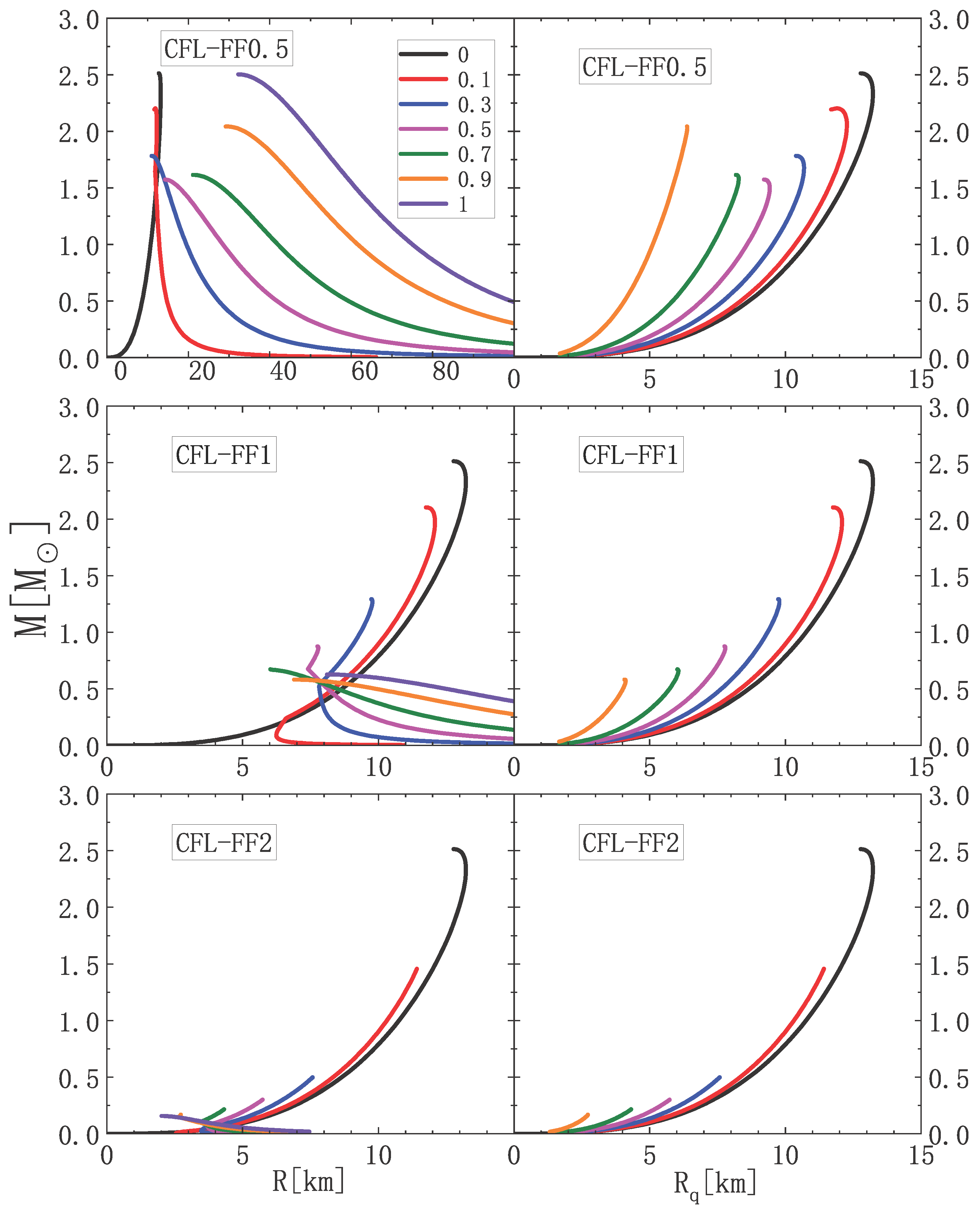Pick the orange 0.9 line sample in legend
click(x=423, y=179)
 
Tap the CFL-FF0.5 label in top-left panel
click(x=226, y=49)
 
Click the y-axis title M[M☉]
click(x=31, y=579)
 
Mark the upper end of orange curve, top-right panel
click(x=687, y=127)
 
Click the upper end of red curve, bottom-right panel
click(x=824, y=968)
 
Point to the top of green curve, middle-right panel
click(x=678, y=669)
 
